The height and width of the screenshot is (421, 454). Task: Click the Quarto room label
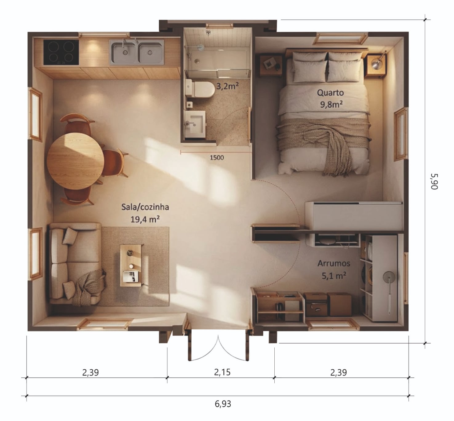[330, 93]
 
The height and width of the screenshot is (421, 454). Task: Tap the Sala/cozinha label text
[145, 207]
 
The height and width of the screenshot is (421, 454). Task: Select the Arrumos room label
[334, 263]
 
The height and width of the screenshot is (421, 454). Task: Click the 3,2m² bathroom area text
[227, 86]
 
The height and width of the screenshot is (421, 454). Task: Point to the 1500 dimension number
[217, 157]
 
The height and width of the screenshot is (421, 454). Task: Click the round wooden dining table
[75, 161]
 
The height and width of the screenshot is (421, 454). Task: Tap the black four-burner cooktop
[61, 52]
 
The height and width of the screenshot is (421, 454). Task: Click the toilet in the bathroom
[200, 89]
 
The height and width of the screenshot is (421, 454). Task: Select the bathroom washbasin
[195, 124]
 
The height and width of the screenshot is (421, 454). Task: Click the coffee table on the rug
[131, 266]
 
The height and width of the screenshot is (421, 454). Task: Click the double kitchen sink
[137, 52]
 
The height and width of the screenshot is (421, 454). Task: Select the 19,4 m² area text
[145, 219]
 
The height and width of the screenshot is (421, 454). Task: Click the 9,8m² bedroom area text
[331, 104]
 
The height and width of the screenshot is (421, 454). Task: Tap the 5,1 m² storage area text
[334, 276]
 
